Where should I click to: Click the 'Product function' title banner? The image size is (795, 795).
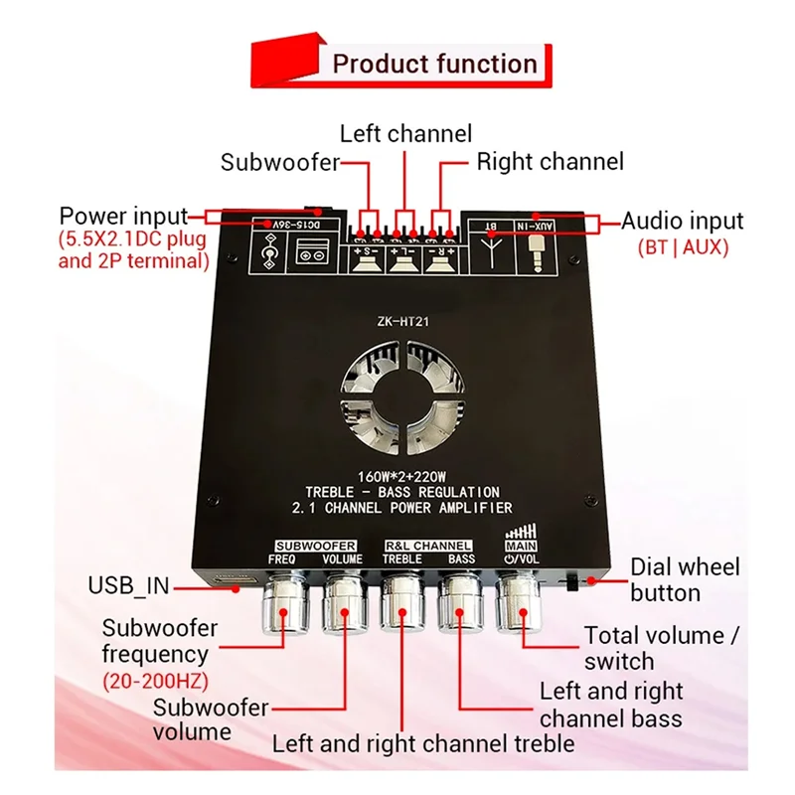point(434,65)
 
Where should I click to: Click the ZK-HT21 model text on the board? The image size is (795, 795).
point(404,321)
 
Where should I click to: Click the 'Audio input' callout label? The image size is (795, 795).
point(682,222)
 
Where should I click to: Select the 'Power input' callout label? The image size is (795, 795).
point(123,216)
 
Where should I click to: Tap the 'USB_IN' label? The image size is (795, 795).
point(128,586)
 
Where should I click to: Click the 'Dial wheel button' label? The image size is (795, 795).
point(685,579)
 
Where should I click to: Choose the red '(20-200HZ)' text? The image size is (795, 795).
point(155,681)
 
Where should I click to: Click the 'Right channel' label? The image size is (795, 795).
point(550,161)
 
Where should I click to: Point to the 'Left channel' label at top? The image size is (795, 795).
point(405,132)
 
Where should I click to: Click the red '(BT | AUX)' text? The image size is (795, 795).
point(682,247)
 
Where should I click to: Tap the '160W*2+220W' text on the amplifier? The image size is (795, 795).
point(402,475)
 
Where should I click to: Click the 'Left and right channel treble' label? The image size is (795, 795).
point(423,742)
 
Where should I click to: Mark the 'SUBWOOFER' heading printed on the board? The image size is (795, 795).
point(316,546)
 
